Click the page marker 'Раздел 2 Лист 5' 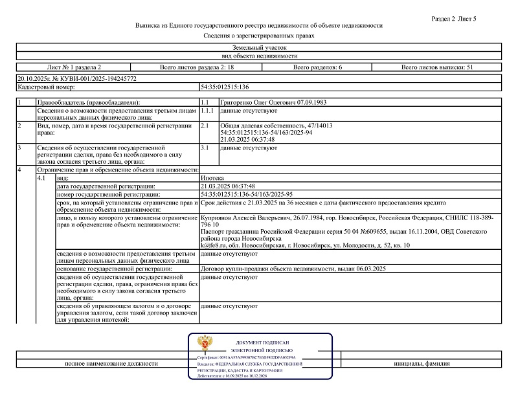click(x=453, y=19)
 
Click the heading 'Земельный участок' click(x=258, y=49)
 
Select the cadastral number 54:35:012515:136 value click(x=225, y=86)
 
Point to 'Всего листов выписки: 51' click(x=438, y=67)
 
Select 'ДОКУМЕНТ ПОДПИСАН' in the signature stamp click(x=266, y=342)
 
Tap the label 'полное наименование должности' click(x=111, y=364)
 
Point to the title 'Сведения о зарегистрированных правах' click(x=258, y=36)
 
